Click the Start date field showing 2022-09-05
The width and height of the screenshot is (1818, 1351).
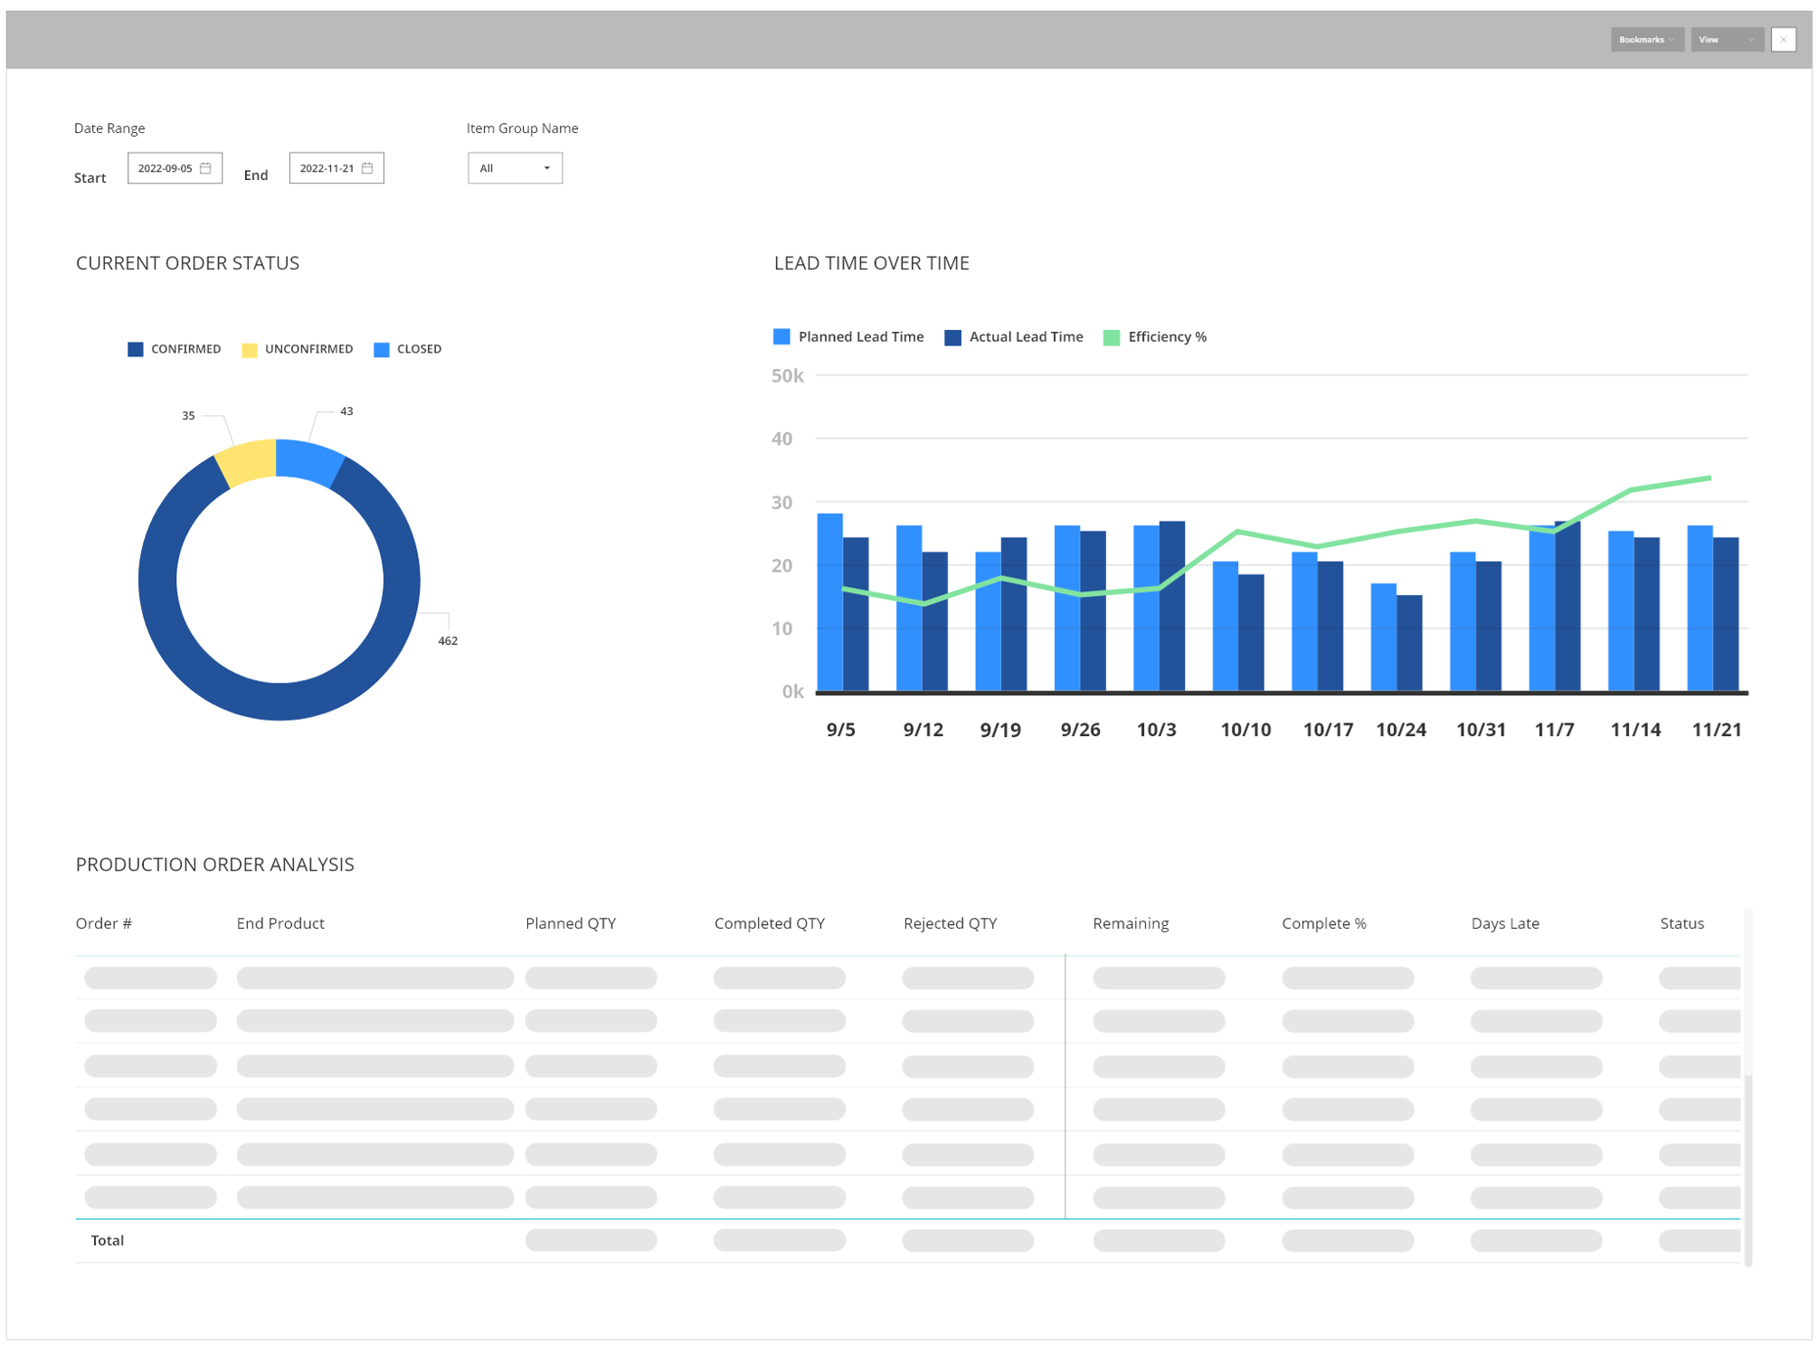pos(175,168)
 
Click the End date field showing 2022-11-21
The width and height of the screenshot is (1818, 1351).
pos(336,168)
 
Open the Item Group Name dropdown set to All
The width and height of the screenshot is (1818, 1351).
pos(515,168)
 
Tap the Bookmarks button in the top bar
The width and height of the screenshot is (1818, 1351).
pos(1645,40)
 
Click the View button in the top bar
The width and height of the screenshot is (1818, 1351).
pos(1726,40)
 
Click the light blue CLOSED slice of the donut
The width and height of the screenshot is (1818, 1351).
pos(308,459)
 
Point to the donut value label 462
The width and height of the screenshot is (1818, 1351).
pos(448,641)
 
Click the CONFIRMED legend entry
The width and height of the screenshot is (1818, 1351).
pos(175,349)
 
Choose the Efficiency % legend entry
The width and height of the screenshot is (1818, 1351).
pos(1155,337)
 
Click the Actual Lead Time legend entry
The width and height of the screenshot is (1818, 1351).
pos(1014,337)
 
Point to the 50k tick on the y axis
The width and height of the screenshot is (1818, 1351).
pos(787,376)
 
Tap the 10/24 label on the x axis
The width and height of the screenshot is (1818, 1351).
pos(1400,730)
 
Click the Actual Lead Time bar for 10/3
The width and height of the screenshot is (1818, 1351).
pos(1172,606)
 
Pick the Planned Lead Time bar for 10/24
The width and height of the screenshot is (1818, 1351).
pos(1383,637)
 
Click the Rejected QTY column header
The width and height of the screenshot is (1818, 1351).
pos(950,923)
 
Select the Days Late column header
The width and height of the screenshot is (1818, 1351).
pos(1504,923)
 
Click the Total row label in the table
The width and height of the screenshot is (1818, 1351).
pos(108,1241)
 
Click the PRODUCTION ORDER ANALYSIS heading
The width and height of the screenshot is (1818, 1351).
pos(215,864)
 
